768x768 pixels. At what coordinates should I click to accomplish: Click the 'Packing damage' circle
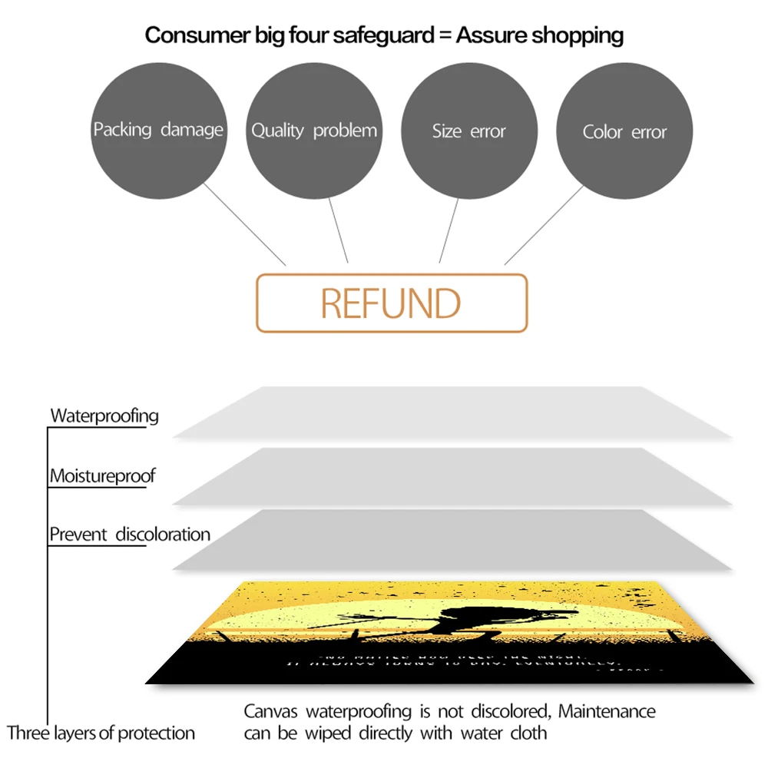point(158,130)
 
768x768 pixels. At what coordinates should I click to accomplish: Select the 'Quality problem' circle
point(314,131)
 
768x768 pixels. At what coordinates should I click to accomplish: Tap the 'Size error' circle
point(468,131)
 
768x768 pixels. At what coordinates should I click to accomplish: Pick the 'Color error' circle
point(624,132)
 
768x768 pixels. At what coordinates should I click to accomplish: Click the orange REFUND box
point(392,303)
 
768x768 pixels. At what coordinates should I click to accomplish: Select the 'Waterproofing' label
point(104,416)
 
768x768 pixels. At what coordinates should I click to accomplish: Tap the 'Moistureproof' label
point(103,476)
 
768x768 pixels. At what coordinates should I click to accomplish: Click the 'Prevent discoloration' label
point(130,535)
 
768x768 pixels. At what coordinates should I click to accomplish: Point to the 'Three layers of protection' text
point(101,733)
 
